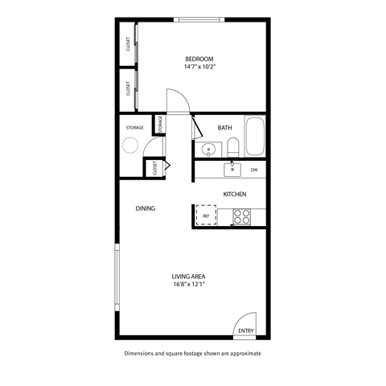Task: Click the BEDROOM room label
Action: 199,59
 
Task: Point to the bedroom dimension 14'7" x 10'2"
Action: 200,67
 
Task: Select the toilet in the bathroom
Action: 232,147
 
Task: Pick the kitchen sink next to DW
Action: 234,169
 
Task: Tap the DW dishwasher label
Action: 253,170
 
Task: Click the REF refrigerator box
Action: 207,216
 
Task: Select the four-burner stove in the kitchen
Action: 242,216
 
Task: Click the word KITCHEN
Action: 234,195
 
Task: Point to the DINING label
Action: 145,208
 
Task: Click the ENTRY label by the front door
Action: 245,331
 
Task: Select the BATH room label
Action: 225,127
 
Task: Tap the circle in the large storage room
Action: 129,146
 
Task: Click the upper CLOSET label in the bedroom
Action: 128,45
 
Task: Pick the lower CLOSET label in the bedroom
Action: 128,89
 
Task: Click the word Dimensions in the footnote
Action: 141,353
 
